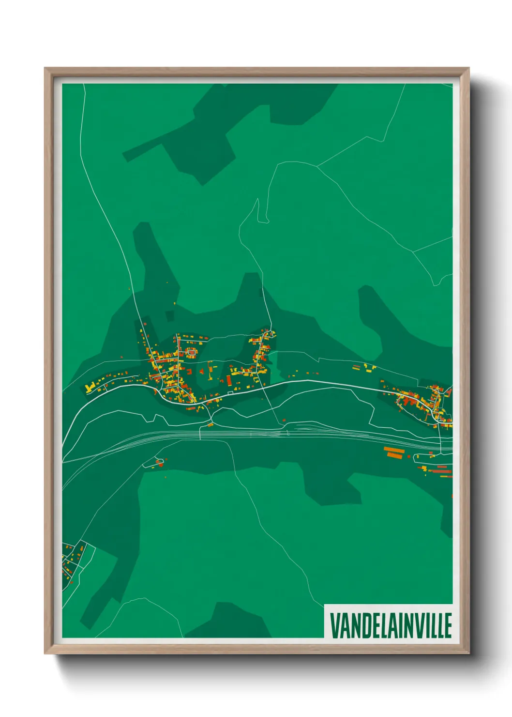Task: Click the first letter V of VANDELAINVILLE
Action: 335,625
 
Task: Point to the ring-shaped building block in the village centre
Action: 192,352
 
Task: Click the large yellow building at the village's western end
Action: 90,388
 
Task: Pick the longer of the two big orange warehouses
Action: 393,454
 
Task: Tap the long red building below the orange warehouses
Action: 441,470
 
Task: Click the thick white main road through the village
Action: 315,382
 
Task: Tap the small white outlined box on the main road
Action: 229,393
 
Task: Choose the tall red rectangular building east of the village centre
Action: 228,381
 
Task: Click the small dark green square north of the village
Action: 169,316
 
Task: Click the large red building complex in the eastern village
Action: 409,401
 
